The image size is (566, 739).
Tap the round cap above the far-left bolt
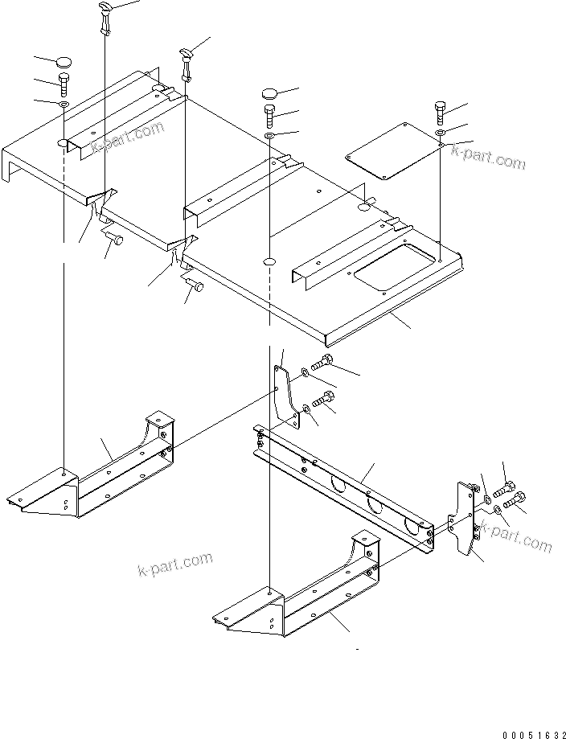64,61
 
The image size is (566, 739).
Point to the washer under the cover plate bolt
441,131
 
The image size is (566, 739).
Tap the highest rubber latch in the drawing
106,16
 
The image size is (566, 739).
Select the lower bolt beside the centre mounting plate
324,398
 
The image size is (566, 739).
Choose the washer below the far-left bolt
64,104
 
